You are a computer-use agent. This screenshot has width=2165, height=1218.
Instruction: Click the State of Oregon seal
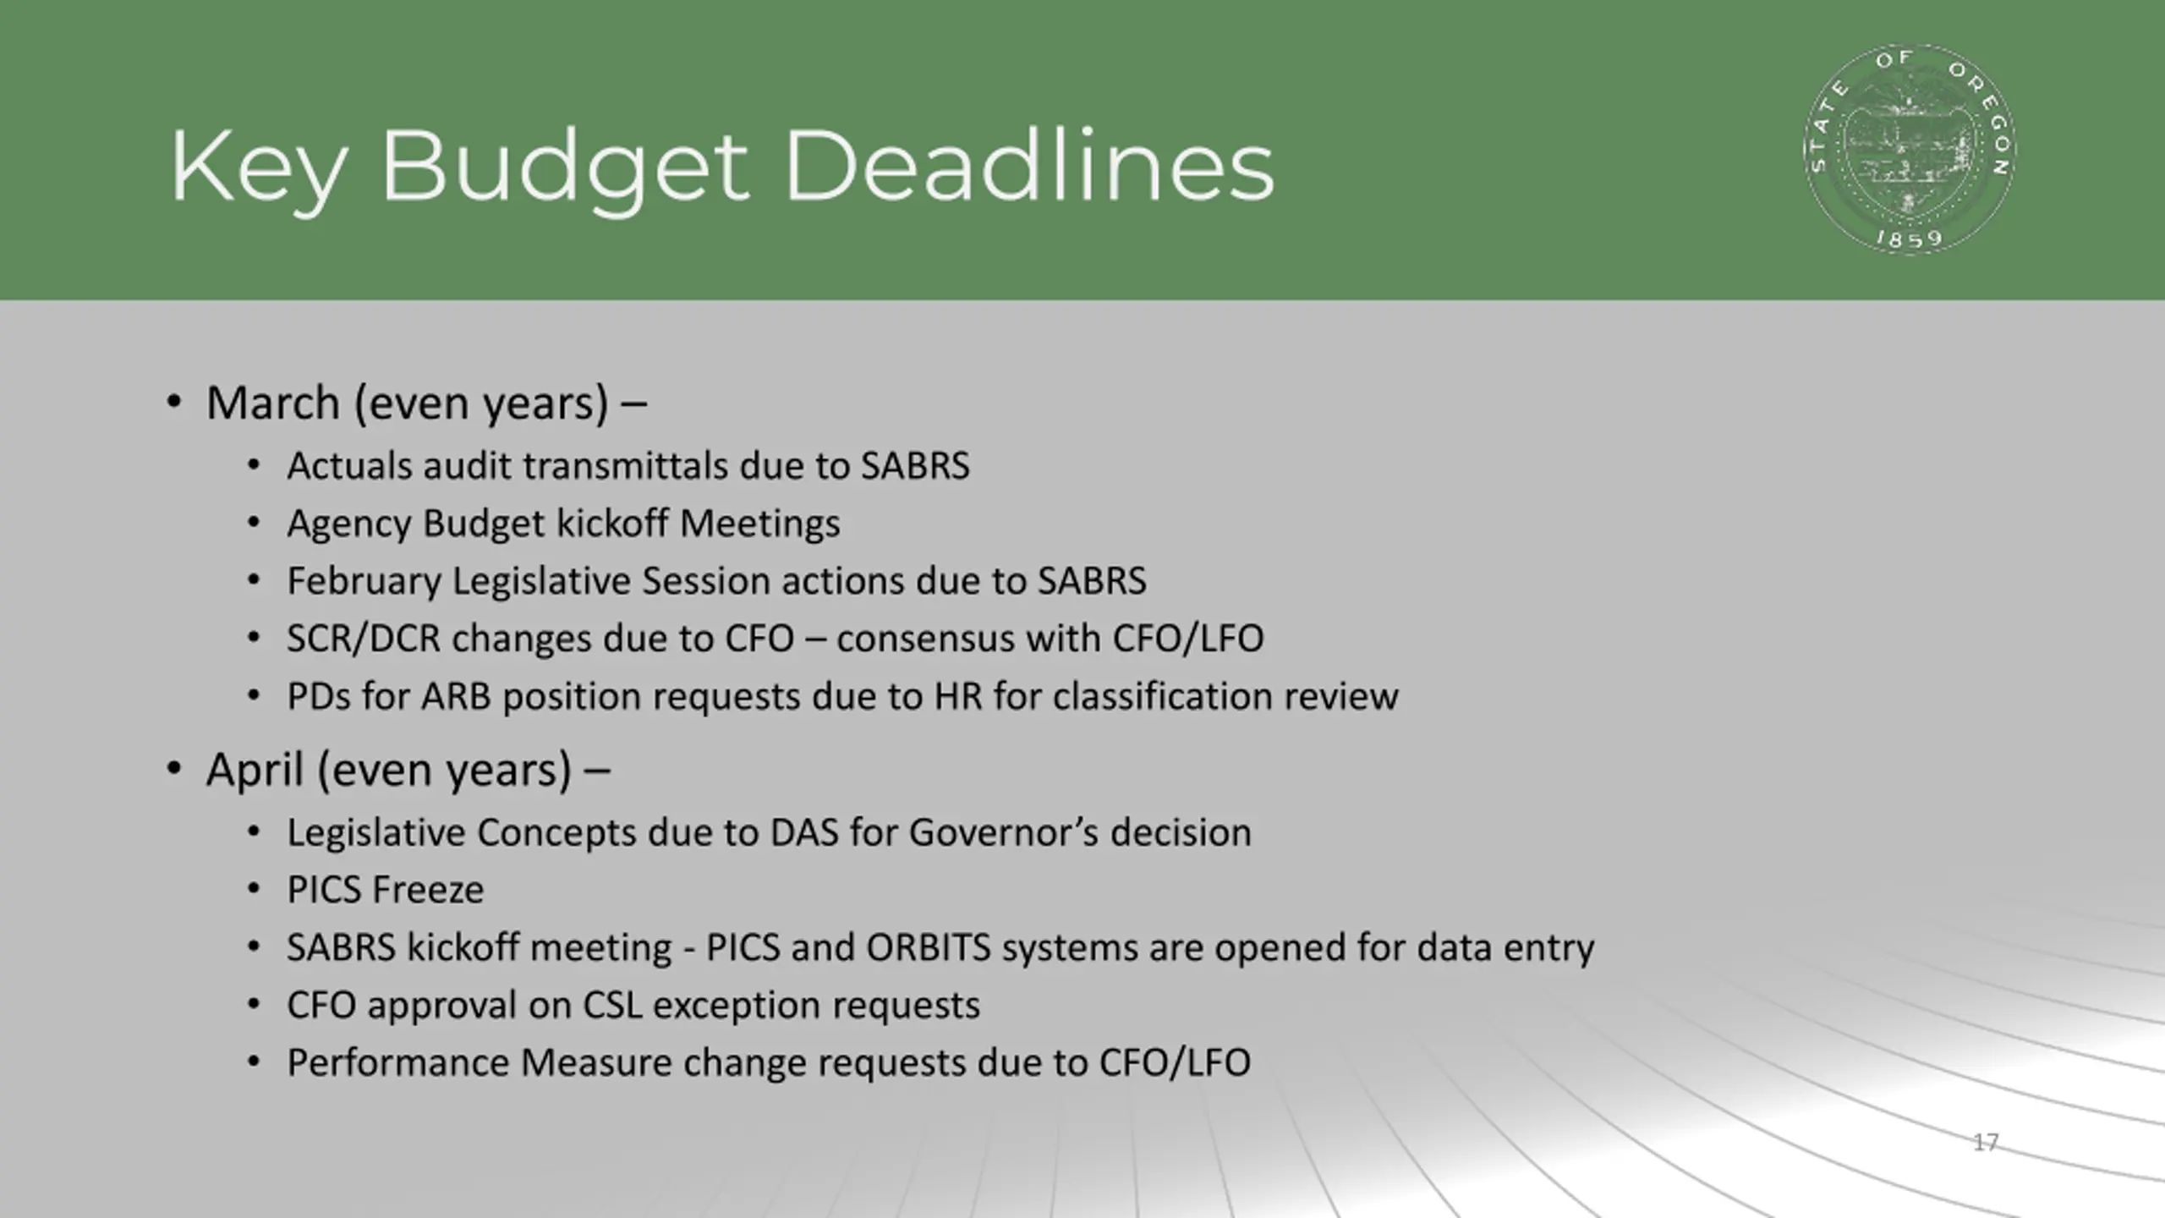click(x=1910, y=150)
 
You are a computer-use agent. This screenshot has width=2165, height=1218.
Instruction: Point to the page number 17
click(x=1986, y=1143)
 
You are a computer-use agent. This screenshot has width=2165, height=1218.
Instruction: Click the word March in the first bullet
click(x=273, y=403)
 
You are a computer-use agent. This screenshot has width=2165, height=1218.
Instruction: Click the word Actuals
click(x=349, y=466)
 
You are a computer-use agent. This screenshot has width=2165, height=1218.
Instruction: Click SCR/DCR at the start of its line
click(x=364, y=639)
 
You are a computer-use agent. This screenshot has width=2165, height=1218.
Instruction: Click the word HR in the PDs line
click(x=958, y=697)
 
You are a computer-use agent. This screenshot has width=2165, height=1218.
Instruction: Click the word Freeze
click(x=428, y=890)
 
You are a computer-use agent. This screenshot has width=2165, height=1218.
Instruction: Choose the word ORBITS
click(x=929, y=947)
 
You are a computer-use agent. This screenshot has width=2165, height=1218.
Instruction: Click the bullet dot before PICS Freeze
click(x=254, y=889)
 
